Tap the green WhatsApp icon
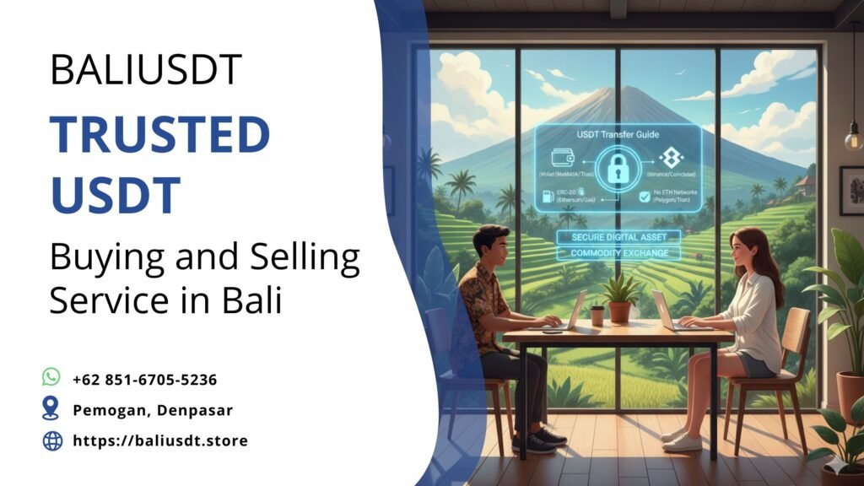click(51, 377)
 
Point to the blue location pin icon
click(51, 409)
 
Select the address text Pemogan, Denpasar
click(153, 410)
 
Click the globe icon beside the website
click(52, 440)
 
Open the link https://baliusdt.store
click(160, 440)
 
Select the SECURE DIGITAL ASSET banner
click(618, 237)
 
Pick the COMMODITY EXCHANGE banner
click(618, 253)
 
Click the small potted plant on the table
click(619, 300)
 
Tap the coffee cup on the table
click(597, 316)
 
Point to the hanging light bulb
click(854, 135)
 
